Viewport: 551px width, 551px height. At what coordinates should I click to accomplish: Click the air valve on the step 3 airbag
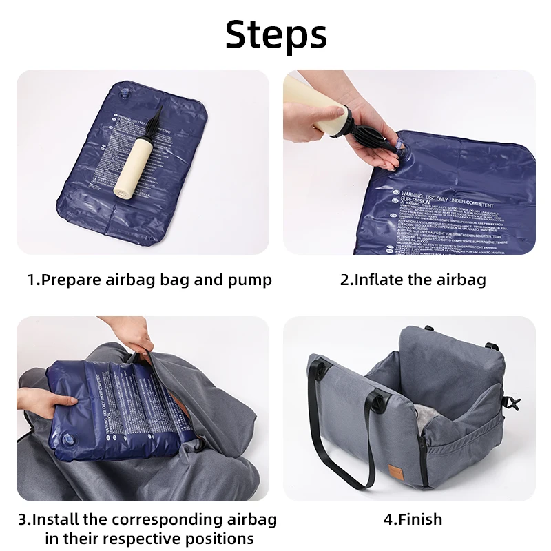tap(70, 439)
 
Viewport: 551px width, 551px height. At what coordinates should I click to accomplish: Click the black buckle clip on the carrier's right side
tap(511, 403)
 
